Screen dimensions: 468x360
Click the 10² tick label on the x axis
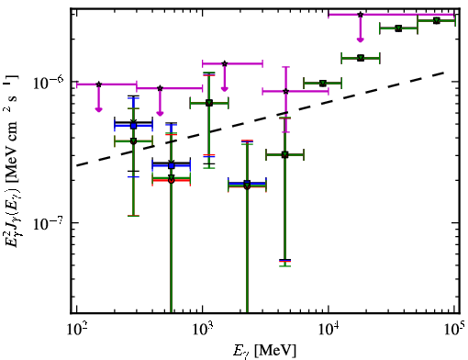(x=76, y=329)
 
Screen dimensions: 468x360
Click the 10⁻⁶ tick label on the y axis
(x=49, y=82)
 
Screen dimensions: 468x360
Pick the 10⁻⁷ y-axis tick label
(x=49, y=224)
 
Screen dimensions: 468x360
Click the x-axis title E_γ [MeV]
(x=264, y=351)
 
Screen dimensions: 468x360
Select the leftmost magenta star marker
(x=98, y=84)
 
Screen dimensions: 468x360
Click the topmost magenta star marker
(x=361, y=15)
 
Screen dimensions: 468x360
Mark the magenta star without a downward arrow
(x=285, y=91)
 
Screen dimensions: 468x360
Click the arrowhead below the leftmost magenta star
(x=98, y=109)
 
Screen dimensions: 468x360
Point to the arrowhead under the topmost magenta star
(x=361, y=39)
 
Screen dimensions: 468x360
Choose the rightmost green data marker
(x=437, y=20)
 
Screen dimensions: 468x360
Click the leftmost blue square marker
(x=133, y=126)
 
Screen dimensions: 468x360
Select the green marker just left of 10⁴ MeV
(x=322, y=83)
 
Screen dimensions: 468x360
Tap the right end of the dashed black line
(x=443, y=73)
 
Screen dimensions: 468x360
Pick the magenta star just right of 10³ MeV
(x=225, y=63)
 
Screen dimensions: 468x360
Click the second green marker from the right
(x=398, y=28)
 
